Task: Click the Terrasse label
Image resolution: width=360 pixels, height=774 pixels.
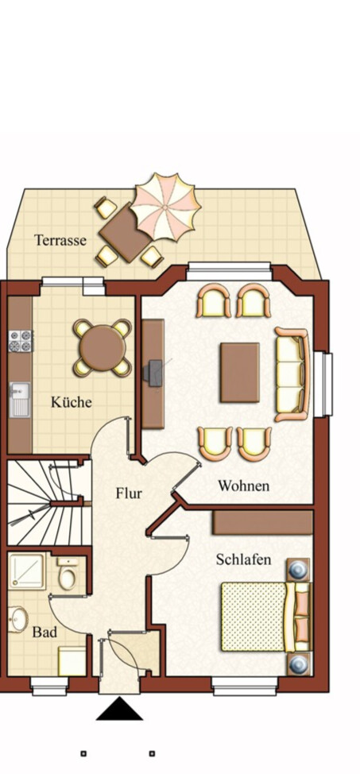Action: pyautogui.click(x=60, y=240)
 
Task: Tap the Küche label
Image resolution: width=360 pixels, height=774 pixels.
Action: pyautogui.click(x=72, y=402)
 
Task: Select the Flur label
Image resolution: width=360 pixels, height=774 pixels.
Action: pyautogui.click(x=129, y=493)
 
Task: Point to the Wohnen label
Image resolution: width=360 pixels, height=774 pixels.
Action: pyautogui.click(x=244, y=486)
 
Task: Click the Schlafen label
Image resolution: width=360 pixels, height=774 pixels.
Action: pyautogui.click(x=243, y=560)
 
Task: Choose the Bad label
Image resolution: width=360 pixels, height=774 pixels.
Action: pyautogui.click(x=44, y=633)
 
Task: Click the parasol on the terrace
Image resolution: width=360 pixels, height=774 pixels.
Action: pyautogui.click(x=165, y=207)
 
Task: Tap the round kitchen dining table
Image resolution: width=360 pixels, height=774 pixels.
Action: pyautogui.click(x=101, y=347)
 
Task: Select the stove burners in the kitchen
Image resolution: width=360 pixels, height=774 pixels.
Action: pyautogui.click(x=20, y=340)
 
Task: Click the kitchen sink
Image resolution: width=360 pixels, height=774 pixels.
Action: pyautogui.click(x=20, y=397)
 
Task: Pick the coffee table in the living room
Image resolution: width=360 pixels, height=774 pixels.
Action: pyautogui.click(x=239, y=372)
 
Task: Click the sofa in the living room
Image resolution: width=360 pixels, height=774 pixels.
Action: pyautogui.click(x=292, y=373)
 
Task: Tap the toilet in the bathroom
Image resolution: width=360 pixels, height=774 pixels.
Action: pyautogui.click(x=68, y=573)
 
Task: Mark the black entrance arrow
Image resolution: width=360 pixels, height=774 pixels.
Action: pyautogui.click(x=119, y=709)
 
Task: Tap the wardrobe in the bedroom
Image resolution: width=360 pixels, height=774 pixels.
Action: pyautogui.click(x=262, y=522)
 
